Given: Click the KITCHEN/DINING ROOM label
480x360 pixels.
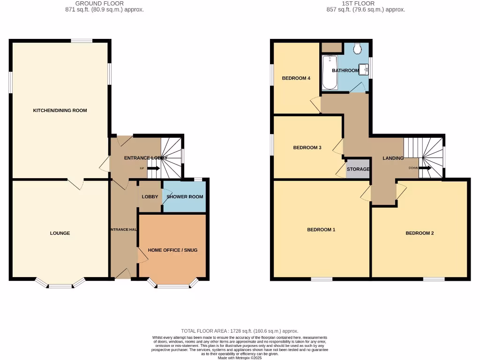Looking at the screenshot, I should [60, 111].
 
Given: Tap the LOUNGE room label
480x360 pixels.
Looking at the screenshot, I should [60, 233].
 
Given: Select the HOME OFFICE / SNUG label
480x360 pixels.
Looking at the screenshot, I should [172, 250].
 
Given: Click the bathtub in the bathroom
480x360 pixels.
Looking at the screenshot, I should [330, 72].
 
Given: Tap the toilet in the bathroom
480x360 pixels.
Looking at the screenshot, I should [358, 48].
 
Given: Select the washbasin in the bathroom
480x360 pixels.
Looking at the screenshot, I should [364, 70].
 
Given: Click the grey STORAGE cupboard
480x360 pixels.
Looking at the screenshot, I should [358, 169].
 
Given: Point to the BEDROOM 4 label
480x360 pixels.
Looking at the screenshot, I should [296, 78].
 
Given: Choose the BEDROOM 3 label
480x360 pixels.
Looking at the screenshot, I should [307, 148].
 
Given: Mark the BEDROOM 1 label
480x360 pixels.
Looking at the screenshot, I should [321, 230].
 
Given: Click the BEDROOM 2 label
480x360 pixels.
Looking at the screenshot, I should [420, 233].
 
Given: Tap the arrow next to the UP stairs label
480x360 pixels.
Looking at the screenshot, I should [153, 168].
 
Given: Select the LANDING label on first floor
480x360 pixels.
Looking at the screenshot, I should [393, 158].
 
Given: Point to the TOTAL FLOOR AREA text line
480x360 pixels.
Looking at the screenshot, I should [240, 331].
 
